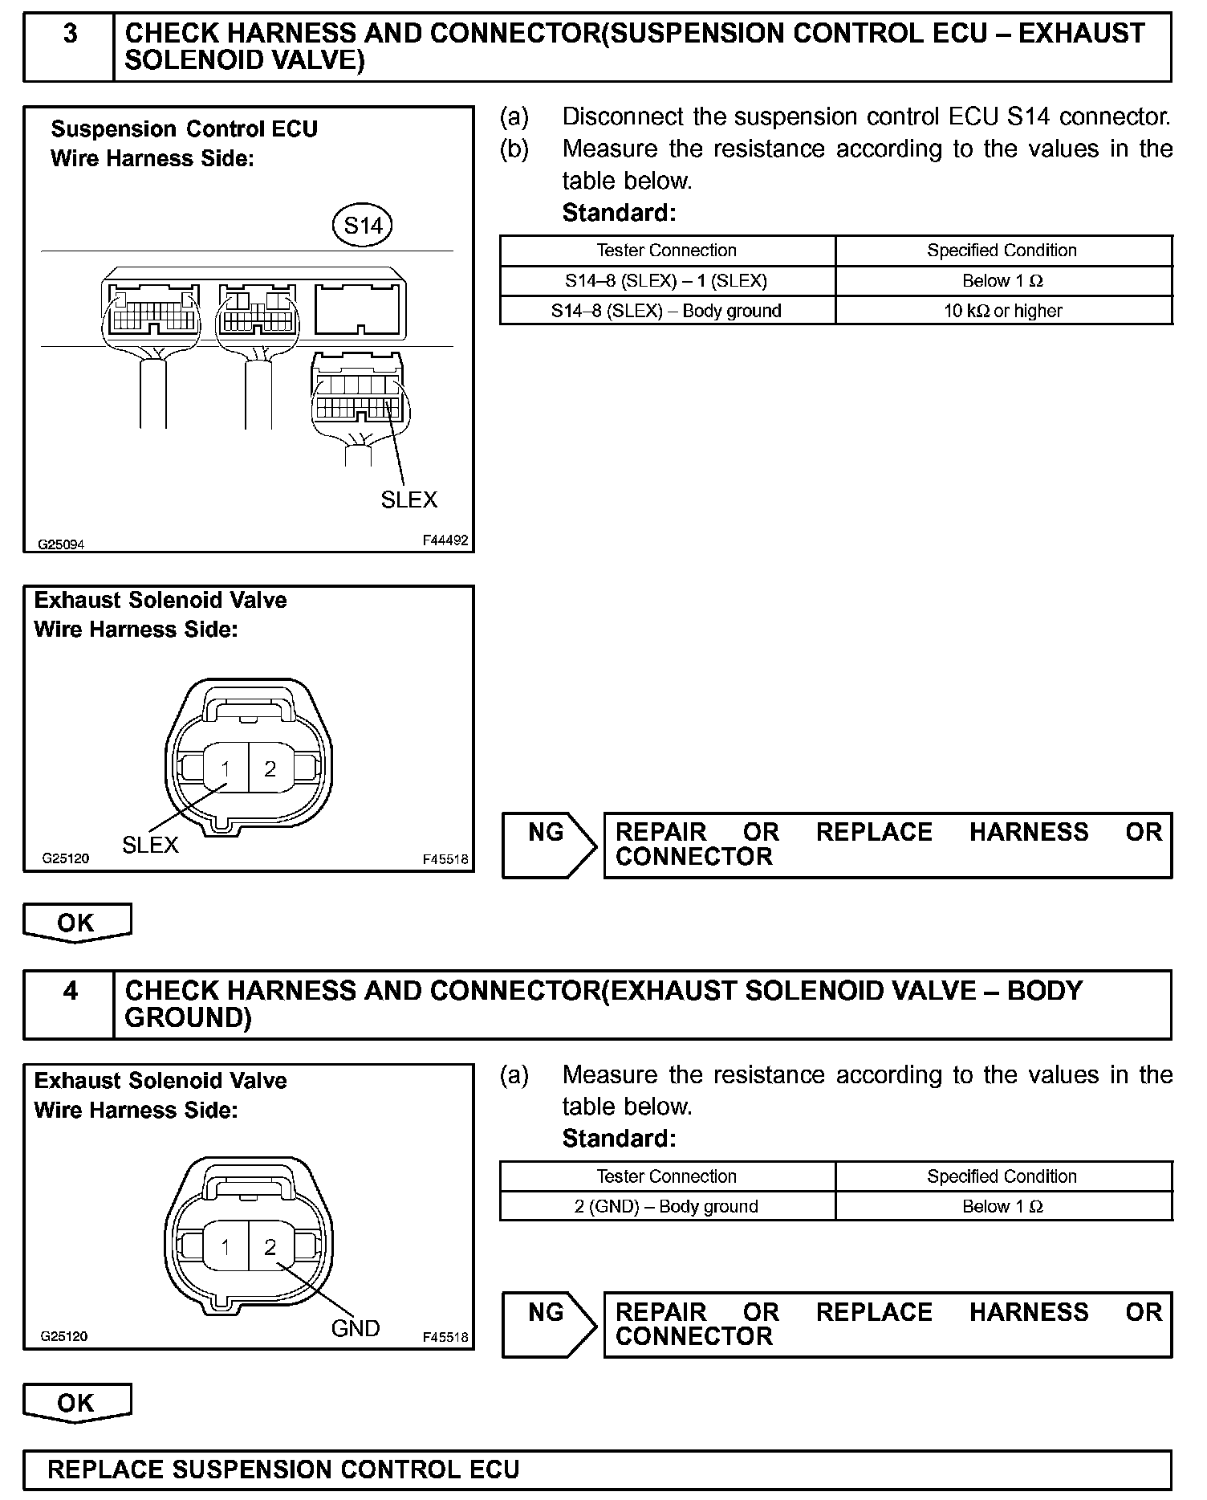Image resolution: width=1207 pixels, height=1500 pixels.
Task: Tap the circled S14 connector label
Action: click(x=363, y=226)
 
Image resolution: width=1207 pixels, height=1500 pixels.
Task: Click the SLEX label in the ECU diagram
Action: click(x=408, y=499)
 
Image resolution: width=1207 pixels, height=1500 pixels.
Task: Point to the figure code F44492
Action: click(x=445, y=540)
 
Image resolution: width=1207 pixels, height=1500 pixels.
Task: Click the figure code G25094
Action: click(x=61, y=544)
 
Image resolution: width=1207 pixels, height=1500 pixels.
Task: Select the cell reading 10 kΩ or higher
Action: click(x=1003, y=311)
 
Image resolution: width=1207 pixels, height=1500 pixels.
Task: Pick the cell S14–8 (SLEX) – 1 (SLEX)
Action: click(x=666, y=281)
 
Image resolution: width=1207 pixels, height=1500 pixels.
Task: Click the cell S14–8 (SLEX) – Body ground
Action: click(x=666, y=311)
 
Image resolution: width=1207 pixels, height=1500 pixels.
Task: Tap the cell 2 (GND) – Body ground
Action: click(x=666, y=1206)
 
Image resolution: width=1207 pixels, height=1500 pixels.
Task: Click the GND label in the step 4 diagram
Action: click(x=356, y=1328)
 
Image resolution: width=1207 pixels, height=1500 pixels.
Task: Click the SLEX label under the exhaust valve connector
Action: click(x=150, y=845)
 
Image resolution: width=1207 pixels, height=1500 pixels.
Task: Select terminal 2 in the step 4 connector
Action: click(x=270, y=1246)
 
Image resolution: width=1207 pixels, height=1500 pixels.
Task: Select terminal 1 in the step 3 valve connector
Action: click(x=226, y=769)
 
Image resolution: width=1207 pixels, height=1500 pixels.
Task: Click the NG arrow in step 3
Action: click(x=550, y=845)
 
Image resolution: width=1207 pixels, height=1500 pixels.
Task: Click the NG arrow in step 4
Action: click(x=550, y=1325)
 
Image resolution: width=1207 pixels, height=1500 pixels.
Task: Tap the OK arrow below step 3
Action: click(x=76, y=923)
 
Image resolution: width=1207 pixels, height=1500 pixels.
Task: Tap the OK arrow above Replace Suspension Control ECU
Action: click(x=76, y=1403)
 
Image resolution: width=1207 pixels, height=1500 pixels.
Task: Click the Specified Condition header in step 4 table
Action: click(x=1002, y=1176)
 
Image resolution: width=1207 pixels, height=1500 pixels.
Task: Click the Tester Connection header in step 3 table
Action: click(x=666, y=251)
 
